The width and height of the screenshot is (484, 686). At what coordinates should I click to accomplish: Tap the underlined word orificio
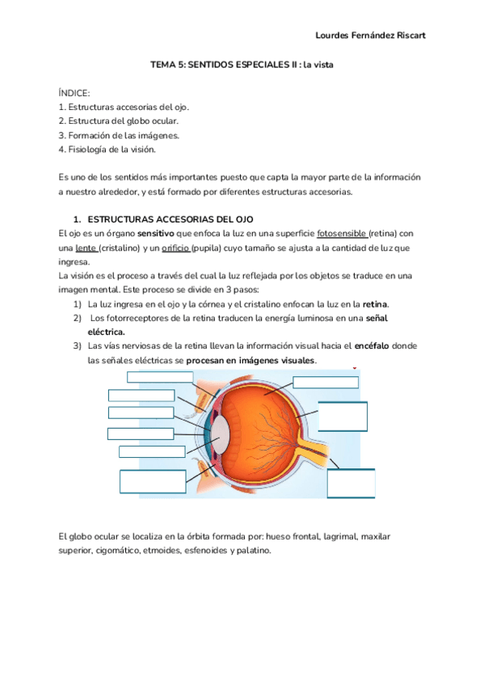pos(175,248)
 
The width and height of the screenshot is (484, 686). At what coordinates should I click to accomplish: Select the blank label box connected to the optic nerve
pos(351,483)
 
